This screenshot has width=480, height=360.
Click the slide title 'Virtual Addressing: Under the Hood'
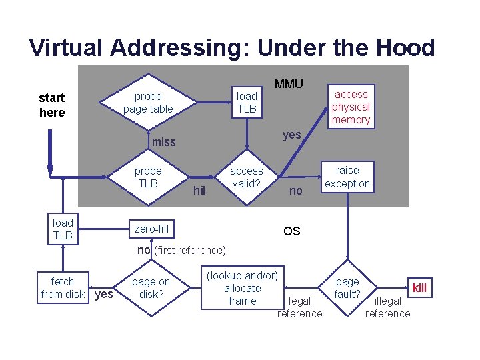pyautogui.click(x=232, y=47)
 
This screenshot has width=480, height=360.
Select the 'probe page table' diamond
pyautogui.click(x=148, y=103)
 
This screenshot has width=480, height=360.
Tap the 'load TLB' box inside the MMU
pyautogui.click(x=247, y=103)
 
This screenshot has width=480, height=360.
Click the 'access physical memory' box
pyautogui.click(x=351, y=107)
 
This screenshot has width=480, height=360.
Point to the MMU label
pyautogui.click(x=289, y=83)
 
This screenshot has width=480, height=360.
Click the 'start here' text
pyautogui.click(x=52, y=105)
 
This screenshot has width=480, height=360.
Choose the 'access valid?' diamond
pyautogui.click(x=247, y=177)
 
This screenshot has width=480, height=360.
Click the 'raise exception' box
pyautogui.click(x=347, y=177)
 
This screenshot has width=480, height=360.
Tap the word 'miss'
pyautogui.click(x=163, y=141)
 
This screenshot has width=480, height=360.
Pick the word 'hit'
pyautogui.click(x=199, y=191)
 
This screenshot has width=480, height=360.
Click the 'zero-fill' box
pyautogui.click(x=152, y=229)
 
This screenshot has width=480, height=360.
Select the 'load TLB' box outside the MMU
pyautogui.click(x=63, y=229)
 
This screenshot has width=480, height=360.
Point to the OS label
pyautogui.click(x=291, y=231)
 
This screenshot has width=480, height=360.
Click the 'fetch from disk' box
pyautogui.click(x=63, y=288)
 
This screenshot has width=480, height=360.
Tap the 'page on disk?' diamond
pyautogui.click(x=151, y=288)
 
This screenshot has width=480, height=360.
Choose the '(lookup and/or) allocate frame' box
pyautogui.click(x=242, y=288)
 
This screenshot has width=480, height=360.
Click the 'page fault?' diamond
pyautogui.click(x=347, y=288)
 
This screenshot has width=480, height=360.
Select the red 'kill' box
pyautogui.click(x=419, y=288)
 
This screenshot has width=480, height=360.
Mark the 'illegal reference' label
pyautogui.click(x=387, y=307)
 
